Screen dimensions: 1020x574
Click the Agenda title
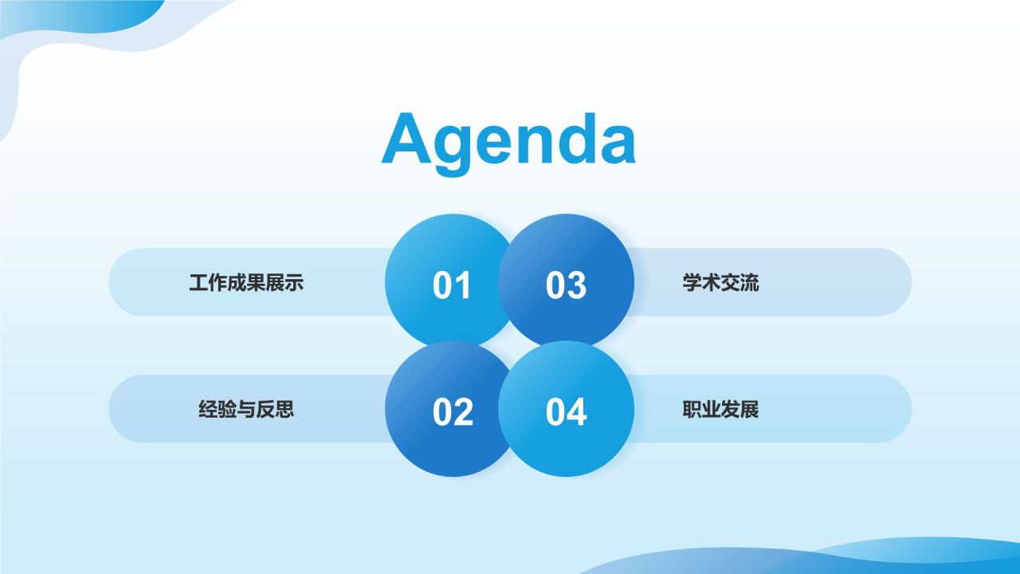point(508,140)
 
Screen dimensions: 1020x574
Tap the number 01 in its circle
point(451,285)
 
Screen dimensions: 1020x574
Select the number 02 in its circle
point(453,412)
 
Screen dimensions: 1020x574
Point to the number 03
point(566,285)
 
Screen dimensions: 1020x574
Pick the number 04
point(566,412)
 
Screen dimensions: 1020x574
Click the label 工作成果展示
point(246,282)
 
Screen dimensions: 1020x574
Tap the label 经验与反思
point(246,409)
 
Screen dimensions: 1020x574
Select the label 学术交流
point(721,282)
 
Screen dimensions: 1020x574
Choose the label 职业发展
point(721,409)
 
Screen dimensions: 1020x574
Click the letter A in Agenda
point(406,138)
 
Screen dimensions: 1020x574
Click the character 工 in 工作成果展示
point(198,282)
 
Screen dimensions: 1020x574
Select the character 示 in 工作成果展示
point(294,282)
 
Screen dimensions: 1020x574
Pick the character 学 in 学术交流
point(692,282)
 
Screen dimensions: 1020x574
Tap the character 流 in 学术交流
point(750,282)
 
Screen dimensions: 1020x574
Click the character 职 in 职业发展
point(692,409)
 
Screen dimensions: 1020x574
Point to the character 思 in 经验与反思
point(284,409)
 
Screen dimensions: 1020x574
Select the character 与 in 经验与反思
point(246,409)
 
